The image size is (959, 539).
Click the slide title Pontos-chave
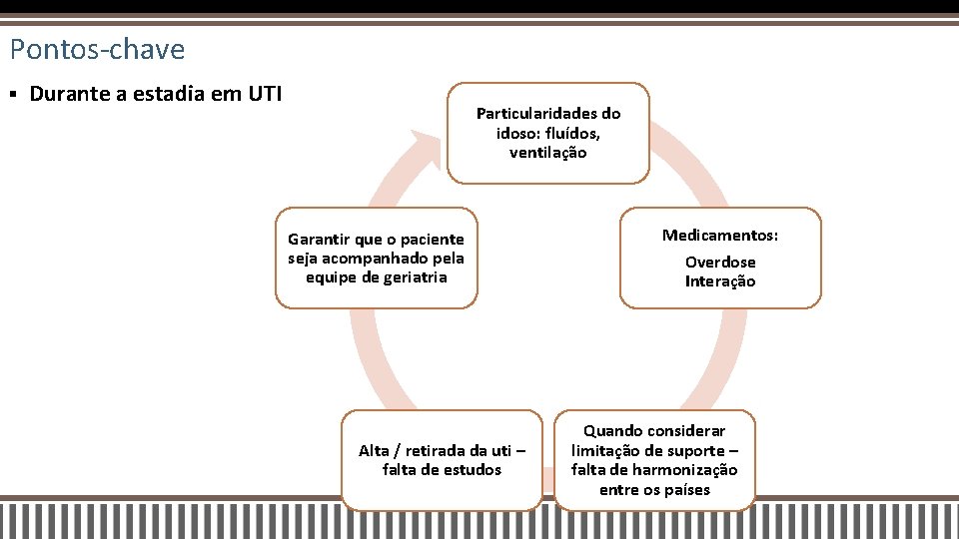97,49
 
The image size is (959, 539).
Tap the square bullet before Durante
13,95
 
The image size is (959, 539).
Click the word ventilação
547,153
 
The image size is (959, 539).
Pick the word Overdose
719,262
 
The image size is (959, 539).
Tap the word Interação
719,281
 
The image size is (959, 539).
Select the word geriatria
413,277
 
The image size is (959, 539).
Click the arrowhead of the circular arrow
428,145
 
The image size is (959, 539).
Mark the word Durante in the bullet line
67,95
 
